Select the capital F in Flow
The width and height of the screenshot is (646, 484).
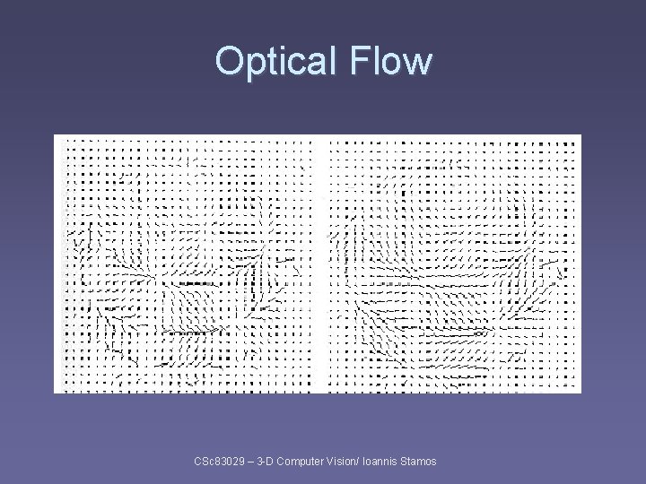click(x=361, y=62)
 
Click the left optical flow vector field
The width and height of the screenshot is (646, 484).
click(x=187, y=264)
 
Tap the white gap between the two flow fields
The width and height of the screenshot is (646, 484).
click(x=319, y=264)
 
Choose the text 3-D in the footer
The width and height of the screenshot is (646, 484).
click(x=265, y=462)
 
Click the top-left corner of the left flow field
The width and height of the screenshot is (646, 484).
click(x=56, y=136)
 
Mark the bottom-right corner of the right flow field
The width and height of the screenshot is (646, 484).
click(x=580, y=391)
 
